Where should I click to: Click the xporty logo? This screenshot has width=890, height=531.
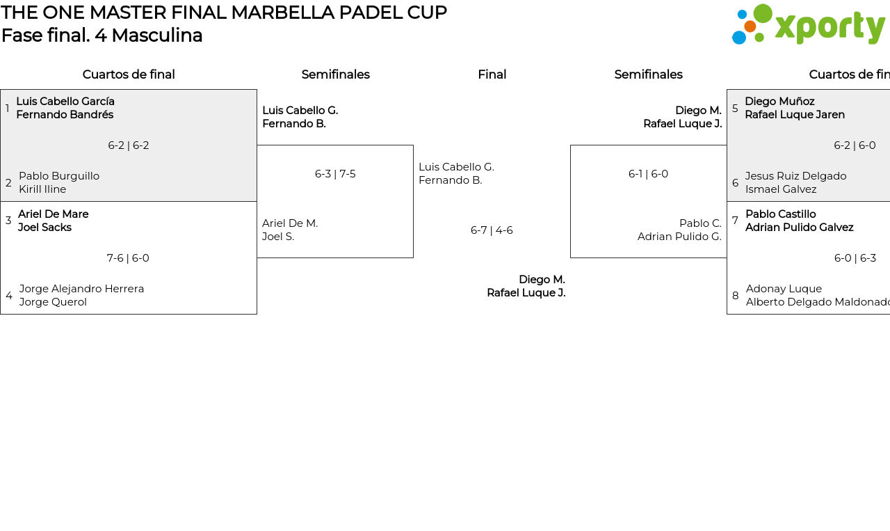pos(808,25)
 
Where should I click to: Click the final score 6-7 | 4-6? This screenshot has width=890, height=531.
pos(492,230)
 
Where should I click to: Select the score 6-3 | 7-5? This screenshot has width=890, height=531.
pos(335,174)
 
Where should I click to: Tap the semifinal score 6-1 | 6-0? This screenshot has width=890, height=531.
pos(648,174)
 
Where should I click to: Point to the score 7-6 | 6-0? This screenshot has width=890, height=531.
pos(128,258)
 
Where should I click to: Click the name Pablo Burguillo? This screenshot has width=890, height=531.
pos(59,176)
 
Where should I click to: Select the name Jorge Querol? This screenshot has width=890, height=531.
pos(53,302)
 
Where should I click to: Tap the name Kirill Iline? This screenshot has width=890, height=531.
pos(42,189)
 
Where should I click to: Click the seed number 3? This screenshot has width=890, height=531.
pos(8,221)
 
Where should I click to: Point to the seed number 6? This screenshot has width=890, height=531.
pos(735,183)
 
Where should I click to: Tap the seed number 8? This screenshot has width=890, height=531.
pos(735,296)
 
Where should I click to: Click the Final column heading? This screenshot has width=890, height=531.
pos(492,74)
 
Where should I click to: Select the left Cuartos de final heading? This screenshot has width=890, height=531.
pos(129,74)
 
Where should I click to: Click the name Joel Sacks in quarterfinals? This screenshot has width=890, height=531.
pos(44,228)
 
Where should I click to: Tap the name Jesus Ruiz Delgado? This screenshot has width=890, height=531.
pos(795,176)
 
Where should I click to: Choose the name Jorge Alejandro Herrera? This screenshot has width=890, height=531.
pos(81,289)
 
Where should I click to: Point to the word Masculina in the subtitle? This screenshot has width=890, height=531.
pos(156,35)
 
